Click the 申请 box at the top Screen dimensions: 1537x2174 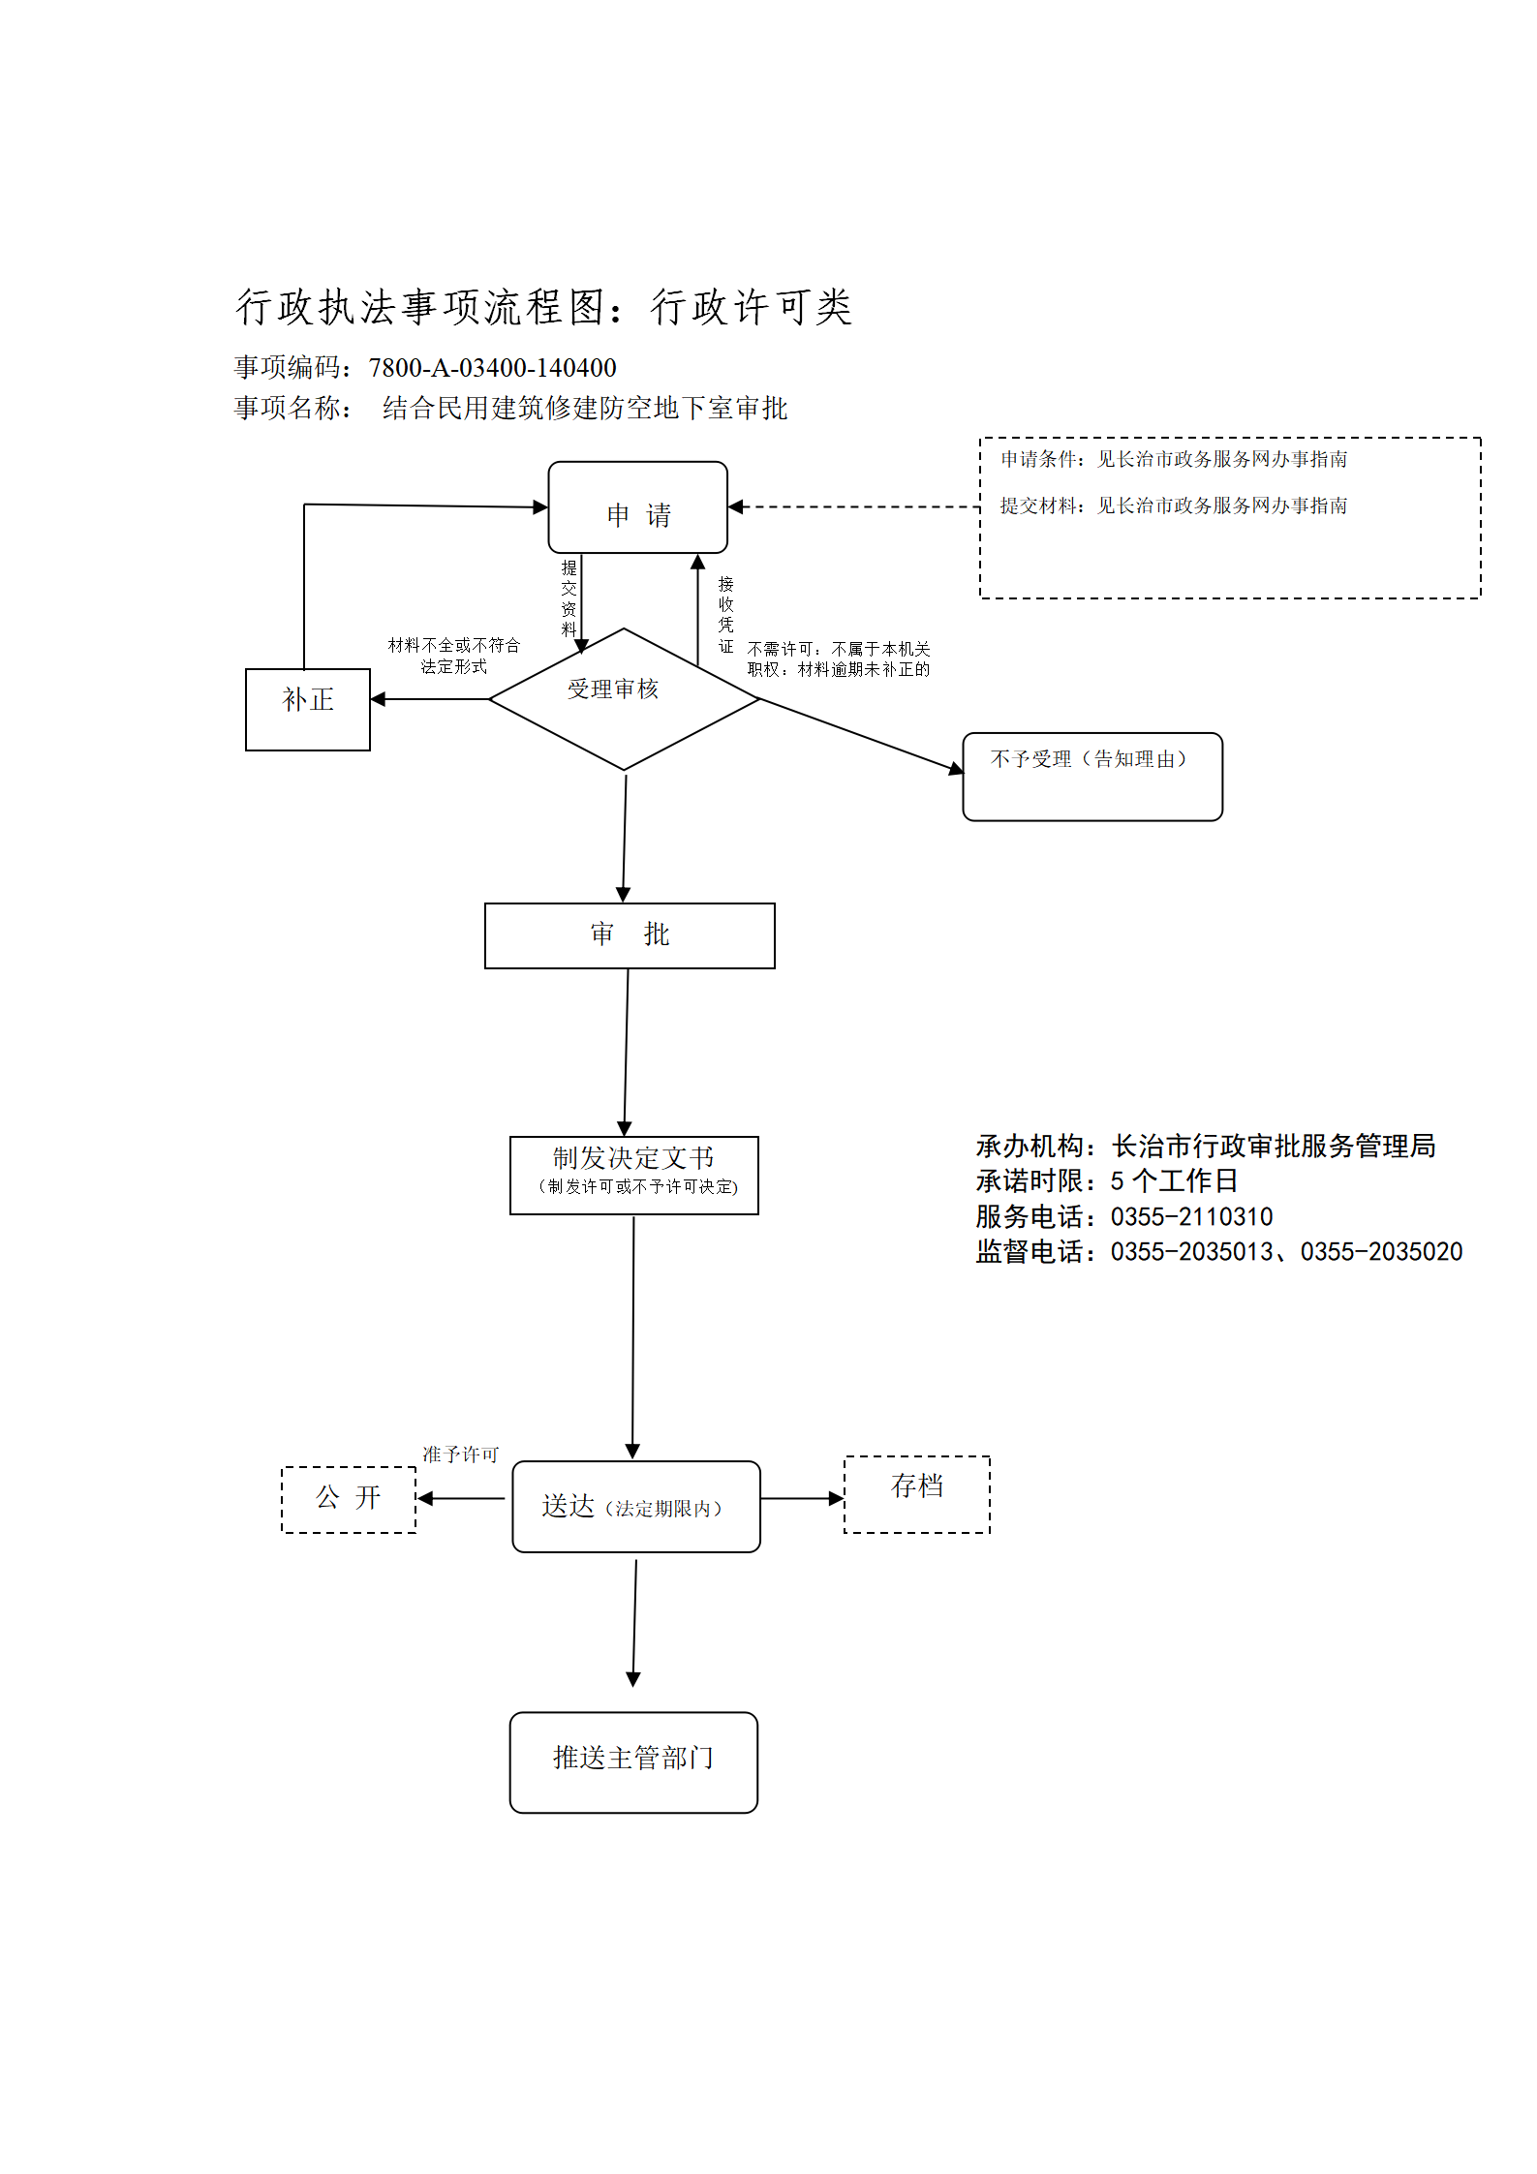click(x=637, y=507)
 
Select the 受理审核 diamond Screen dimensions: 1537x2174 click(x=625, y=699)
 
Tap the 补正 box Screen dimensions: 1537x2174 click(x=308, y=710)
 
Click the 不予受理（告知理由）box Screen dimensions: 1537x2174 click(x=1092, y=777)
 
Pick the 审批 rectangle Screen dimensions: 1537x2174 click(x=630, y=935)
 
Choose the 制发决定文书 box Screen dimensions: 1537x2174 click(x=634, y=1176)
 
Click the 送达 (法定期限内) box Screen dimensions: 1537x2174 click(x=636, y=1507)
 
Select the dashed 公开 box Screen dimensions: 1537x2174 click(x=349, y=1500)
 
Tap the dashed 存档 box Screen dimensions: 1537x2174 click(x=917, y=1494)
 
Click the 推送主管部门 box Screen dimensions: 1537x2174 click(x=633, y=1762)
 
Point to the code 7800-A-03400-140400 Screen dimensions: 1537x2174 click(x=492, y=368)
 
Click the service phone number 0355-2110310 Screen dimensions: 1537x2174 click(x=1191, y=1217)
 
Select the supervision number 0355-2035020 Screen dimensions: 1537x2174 click(x=1381, y=1252)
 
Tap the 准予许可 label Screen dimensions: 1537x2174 click(x=460, y=1454)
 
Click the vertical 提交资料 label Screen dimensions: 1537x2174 click(x=569, y=597)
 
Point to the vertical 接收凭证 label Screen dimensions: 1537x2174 click(x=726, y=615)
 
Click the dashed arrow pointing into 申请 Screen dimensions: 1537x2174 click(x=854, y=506)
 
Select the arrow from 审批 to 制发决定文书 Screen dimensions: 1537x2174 click(x=627, y=1053)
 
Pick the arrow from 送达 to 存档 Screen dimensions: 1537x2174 click(x=803, y=1499)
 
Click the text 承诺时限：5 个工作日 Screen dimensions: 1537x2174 click(x=1107, y=1181)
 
